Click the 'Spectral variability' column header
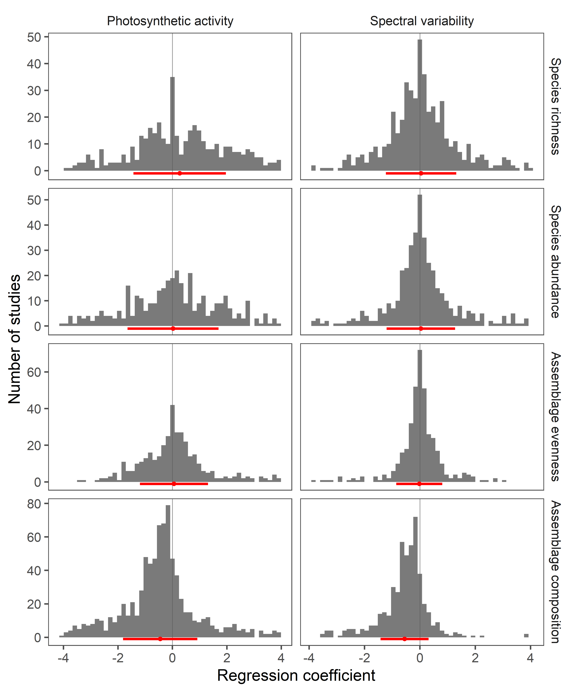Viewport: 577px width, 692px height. (x=422, y=21)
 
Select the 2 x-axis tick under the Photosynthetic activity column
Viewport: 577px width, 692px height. (x=226, y=658)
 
